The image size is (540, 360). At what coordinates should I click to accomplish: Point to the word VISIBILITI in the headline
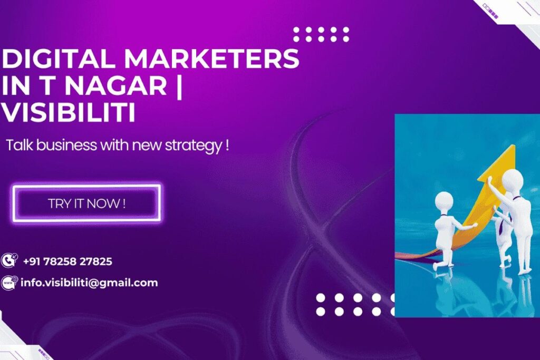69,113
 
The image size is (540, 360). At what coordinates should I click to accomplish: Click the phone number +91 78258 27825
67,261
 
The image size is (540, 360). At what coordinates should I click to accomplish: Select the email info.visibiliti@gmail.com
89,283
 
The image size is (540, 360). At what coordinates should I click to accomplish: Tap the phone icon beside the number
9,260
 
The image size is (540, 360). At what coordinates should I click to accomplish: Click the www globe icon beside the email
9,283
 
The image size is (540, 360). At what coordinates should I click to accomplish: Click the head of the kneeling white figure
444,201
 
